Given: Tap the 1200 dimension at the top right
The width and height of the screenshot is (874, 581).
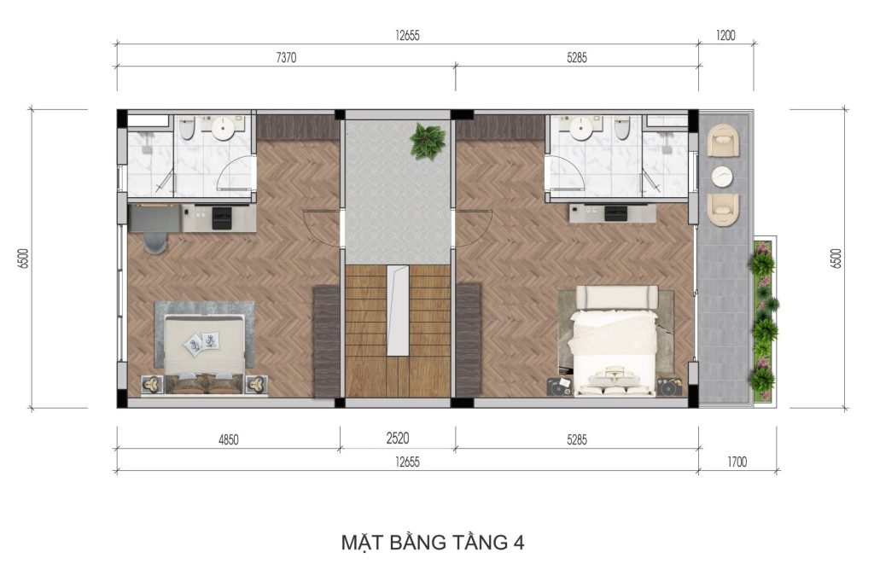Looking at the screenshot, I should pos(725,37).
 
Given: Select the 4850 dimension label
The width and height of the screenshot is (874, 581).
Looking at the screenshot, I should pos(228,440).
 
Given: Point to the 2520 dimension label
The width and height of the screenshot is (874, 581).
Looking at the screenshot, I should pos(397,439).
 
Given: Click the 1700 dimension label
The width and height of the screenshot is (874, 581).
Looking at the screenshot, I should pos(737,462).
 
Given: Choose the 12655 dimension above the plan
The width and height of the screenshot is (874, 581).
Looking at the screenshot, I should pos(408,36).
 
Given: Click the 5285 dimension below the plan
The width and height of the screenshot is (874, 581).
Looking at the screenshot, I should pos(576,440).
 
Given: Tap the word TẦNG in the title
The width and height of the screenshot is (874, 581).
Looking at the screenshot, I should pos(470,542).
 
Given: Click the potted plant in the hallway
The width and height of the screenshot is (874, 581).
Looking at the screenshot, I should pos(427,141).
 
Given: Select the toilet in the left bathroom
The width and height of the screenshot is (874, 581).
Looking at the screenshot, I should pos(188,128).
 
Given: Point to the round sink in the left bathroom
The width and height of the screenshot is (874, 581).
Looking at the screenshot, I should pos(224,129).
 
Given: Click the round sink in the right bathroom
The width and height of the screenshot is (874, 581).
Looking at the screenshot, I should pos(581,128).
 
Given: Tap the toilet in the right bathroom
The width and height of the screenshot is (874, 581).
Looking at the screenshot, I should pos(622,128).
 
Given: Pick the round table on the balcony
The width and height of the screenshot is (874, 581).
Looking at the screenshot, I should pos(723,176).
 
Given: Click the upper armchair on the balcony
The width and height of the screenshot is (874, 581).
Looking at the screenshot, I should pos(723,139).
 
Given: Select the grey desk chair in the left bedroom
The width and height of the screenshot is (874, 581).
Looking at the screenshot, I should pos(154,242).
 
